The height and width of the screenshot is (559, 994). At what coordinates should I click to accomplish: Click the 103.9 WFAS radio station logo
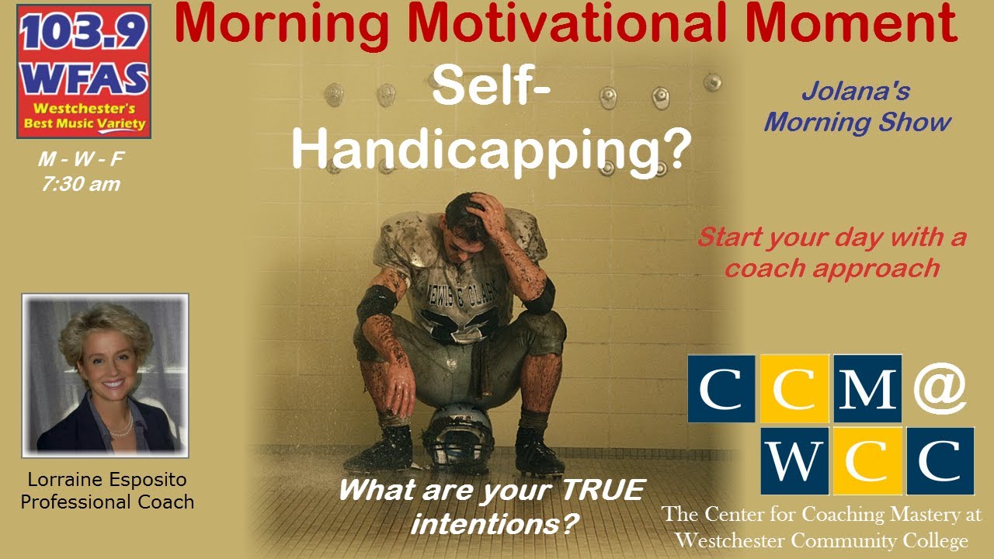(x=84, y=71)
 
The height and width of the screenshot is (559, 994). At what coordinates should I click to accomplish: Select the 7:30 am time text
(x=82, y=185)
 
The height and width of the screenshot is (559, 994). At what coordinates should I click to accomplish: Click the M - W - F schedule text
(x=82, y=161)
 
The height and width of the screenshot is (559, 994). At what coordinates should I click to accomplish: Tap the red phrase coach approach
(x=832, y=268)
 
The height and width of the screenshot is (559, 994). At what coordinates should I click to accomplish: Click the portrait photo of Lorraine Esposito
(x=105, y=375)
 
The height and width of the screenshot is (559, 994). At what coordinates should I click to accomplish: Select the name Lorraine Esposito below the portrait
(x=106, y=480)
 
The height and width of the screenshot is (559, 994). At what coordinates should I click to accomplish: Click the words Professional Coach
(x=107, y=502)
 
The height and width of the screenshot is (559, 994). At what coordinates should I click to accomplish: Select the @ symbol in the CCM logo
(x=940, y=388)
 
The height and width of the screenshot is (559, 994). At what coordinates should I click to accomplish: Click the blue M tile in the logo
(x=867, y=388)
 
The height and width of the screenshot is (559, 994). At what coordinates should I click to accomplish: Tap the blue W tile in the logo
(x=793, y=461)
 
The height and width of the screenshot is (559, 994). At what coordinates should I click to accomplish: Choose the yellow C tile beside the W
(x=866, y=461)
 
